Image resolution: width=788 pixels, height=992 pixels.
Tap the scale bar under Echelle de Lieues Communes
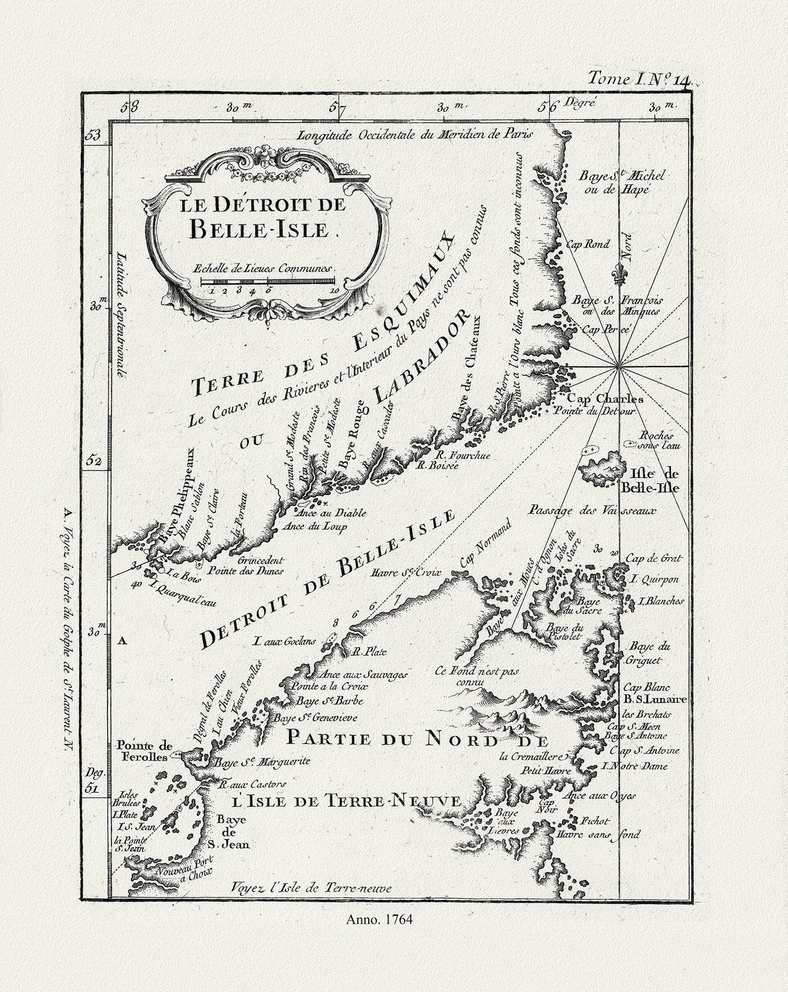(268, 281)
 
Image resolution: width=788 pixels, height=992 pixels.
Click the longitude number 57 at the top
(338, 107)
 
